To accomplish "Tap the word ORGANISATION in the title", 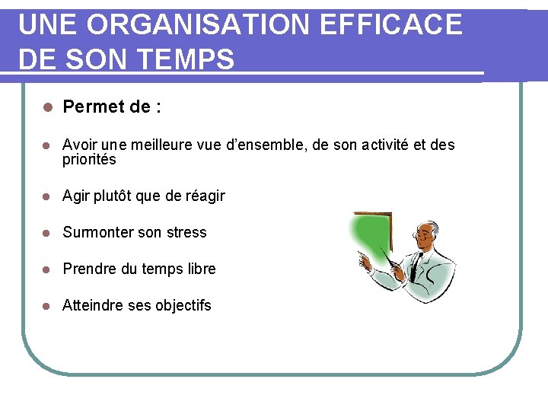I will click(198, 25).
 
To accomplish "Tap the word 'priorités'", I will click(89, 160).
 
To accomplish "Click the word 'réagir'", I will click(205, 196).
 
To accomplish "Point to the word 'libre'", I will click(200, 269).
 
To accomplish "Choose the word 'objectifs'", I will click(183, 305).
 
